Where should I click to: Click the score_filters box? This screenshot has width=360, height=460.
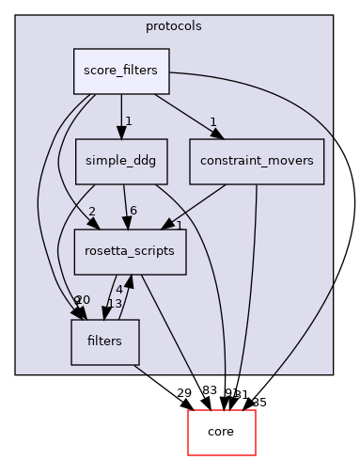121,71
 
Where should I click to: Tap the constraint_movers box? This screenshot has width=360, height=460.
257,161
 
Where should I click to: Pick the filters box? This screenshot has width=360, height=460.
104,341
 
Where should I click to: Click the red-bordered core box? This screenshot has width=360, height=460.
222,432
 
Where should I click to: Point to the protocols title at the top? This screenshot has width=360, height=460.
174,25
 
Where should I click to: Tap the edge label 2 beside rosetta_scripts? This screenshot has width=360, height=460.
92,212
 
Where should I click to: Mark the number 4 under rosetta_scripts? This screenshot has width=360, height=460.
119,290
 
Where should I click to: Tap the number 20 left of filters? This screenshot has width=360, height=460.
83,300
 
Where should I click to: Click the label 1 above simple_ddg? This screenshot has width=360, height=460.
128,121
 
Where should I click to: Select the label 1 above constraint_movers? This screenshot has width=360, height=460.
213,121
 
